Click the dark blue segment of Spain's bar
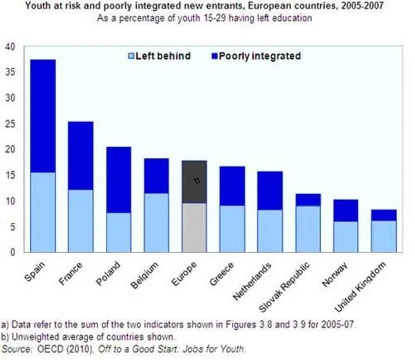42,116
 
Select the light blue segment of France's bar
80,221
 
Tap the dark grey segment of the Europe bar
194,182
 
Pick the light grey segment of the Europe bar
194,227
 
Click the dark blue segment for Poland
119,179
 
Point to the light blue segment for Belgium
156,222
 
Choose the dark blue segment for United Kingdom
384,215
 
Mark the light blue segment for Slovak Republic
308,228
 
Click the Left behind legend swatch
131,56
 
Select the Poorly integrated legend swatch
214,56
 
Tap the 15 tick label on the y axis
11,175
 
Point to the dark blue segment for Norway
346,210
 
